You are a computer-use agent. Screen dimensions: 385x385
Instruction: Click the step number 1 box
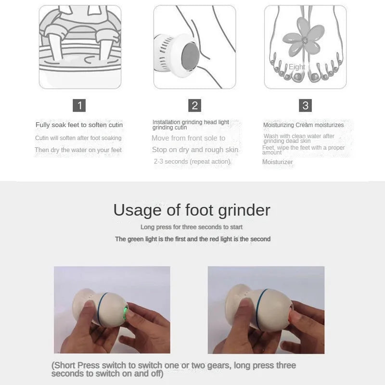click(x=79, y=105)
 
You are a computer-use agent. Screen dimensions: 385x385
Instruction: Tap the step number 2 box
click(x=195, y=105)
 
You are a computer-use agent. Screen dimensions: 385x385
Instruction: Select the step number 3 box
click(x=305, y=105)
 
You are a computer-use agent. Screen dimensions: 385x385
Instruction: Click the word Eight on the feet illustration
click(x=297, y=67)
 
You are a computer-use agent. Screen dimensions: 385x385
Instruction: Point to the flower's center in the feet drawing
click(x=305, y=40)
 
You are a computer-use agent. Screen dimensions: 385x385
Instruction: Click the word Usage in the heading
click(x=138, y=210)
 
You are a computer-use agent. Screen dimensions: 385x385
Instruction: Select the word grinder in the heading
click(x=244, y=211)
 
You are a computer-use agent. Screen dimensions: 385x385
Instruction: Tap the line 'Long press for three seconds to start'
click(x=192, y=227)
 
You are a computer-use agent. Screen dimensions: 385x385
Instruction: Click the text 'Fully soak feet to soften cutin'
click(x=79, y=125)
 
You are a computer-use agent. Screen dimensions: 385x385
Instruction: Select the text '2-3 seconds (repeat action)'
click(x=192, y=162)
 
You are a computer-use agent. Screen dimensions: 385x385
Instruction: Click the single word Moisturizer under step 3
click(x=278, y=162)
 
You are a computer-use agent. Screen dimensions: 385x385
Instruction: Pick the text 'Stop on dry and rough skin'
click(x=195, y=150)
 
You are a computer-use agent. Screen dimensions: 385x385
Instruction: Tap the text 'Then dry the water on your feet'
click(x=78, y=150)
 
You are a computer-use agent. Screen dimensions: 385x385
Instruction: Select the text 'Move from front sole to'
click(x=188, y=138)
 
